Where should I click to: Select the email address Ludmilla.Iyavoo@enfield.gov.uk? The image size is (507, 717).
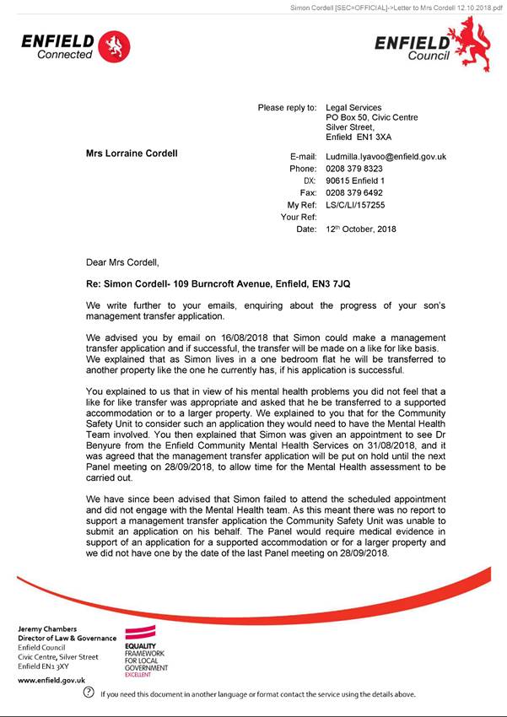tap(386, 157)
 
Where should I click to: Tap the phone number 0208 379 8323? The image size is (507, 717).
tap(354, 170)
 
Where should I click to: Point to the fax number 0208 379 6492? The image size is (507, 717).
tap(354, 193)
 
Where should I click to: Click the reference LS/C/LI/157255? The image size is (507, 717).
tap(355, 205)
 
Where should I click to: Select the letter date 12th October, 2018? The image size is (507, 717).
tap(360, 229)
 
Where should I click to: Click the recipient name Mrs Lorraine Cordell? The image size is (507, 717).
tap(132, 154)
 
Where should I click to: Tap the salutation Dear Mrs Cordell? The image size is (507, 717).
tap(122, 262)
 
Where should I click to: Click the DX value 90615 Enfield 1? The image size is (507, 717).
tap(355, 181)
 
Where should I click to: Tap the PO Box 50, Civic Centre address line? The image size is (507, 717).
tap(371, 118)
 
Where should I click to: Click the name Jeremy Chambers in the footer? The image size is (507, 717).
tap(48, 629)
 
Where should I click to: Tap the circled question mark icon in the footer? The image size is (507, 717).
tap(89, 693)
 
